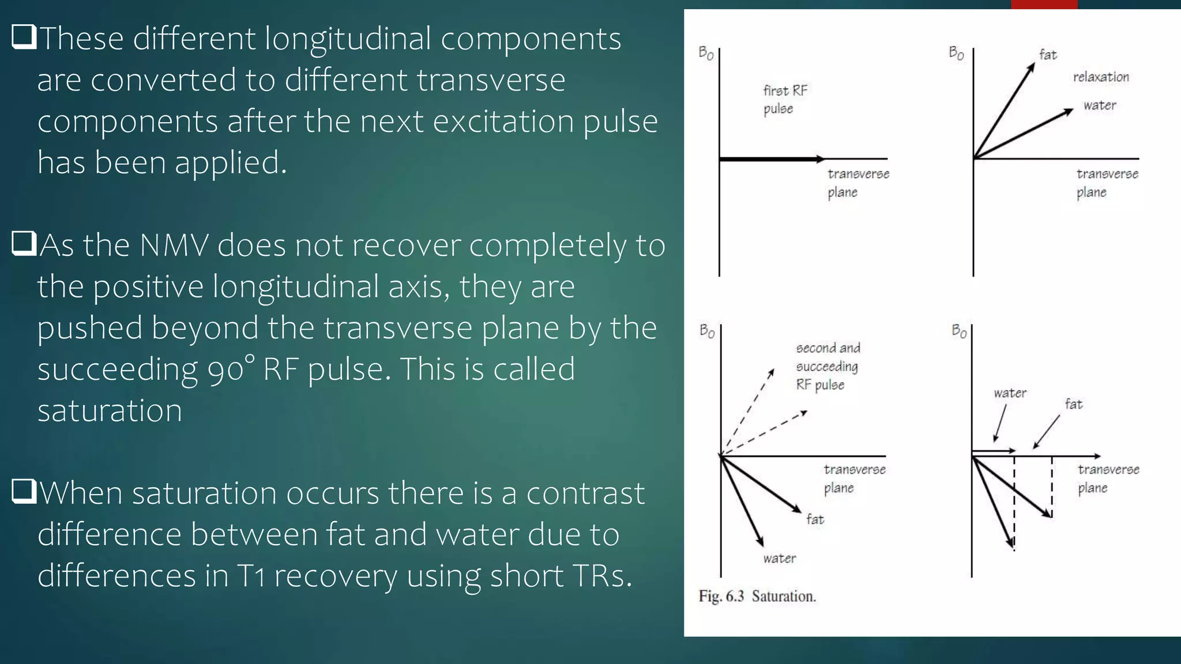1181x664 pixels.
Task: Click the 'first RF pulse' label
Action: tap(785, 99)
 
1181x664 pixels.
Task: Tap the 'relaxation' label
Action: tap(1100, 77)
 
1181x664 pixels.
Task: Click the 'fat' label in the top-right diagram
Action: tap(1048, 55)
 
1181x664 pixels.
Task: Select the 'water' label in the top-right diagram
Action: tap(1099, 105)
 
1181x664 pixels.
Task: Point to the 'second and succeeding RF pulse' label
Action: tap(828, 366)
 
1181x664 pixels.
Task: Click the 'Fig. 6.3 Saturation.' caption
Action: tap(757, 596)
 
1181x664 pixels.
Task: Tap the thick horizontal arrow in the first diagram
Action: tap(772, 159)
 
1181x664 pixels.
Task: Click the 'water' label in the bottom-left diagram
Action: tap(779, 558)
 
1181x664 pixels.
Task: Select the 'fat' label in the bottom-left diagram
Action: tap(815, 519)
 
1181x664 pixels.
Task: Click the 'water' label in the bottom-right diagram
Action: tap(1010, 393)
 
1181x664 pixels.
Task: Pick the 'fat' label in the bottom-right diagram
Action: tap(1073, 404)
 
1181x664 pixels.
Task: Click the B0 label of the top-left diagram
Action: tap(706, 53)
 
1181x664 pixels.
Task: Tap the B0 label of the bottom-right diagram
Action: tap(959, 331)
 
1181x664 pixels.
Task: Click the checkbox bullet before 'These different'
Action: tap(24, 37)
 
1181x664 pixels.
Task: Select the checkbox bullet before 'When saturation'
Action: tap(24, 492)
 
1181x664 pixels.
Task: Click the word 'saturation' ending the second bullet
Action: tap(110, 410)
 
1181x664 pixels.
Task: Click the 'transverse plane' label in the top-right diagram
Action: tap(1107, 183)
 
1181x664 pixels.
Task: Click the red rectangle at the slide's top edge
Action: tap(1044, 4)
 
